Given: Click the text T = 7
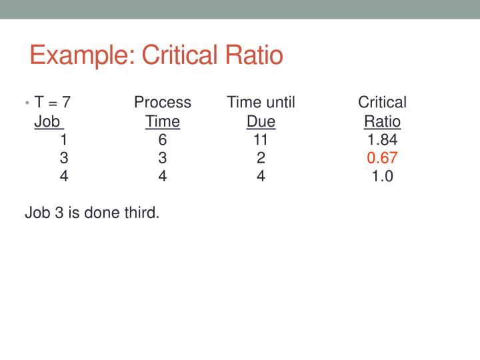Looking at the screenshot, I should pos(53,103).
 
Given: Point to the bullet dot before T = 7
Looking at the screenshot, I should pos(28,103).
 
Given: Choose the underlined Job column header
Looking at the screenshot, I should pos(48,122).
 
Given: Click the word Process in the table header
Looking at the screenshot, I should pos(163,103).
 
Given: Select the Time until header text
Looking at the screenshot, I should pos(261,103).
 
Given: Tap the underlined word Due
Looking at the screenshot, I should pos(261,122).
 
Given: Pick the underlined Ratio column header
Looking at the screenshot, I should pos(382,122).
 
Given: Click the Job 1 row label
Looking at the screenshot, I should pos(63,140).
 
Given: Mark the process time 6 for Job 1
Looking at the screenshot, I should pos(163,140).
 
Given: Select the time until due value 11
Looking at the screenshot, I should pos(261,140).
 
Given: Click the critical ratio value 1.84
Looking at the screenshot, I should pos(382,140).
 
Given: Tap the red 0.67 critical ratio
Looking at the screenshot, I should pos(382,158).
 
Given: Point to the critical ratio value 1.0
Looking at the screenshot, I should pos(382,177).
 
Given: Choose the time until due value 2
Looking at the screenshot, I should pos(261,158).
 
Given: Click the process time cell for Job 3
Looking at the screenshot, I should pos(163,158).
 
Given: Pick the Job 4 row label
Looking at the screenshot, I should pos(63,177).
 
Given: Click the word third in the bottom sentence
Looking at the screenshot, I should pos(141,213).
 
